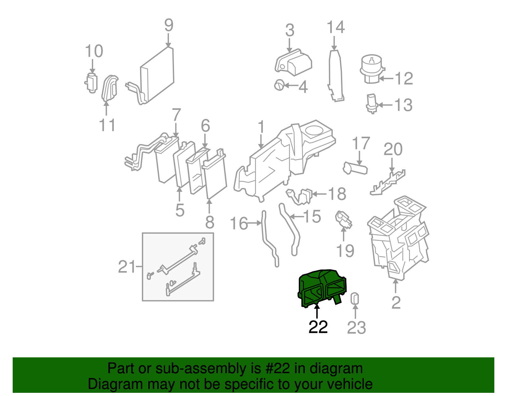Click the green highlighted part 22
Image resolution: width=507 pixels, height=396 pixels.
tap(322, 288)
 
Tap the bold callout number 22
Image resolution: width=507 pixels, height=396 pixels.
tap(318, 327)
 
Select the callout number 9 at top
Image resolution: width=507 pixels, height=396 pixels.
tap(169, 25)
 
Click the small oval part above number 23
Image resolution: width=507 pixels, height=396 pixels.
tap(355, 298)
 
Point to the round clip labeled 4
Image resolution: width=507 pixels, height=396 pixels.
tap(279, 85)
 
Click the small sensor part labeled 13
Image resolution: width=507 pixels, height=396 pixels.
tap(372, 103)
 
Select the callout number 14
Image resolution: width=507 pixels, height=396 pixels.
tap(336, 27)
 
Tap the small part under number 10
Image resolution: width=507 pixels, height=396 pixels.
tap(91, 83)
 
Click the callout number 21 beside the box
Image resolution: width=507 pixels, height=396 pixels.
tap(127, 267)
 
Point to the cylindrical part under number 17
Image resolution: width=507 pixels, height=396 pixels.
tap(355, 168)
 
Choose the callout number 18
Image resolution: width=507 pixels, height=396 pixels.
tap(337, 194)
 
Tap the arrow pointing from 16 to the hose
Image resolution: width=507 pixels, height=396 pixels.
tap(254, 223)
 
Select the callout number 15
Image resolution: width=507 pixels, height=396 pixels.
tap(312, 216)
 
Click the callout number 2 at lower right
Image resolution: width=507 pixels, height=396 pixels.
tap(396, 302)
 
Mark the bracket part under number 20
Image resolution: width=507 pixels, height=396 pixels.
tap(388, 183)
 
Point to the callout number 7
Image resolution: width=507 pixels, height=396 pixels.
tap(176, 115)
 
